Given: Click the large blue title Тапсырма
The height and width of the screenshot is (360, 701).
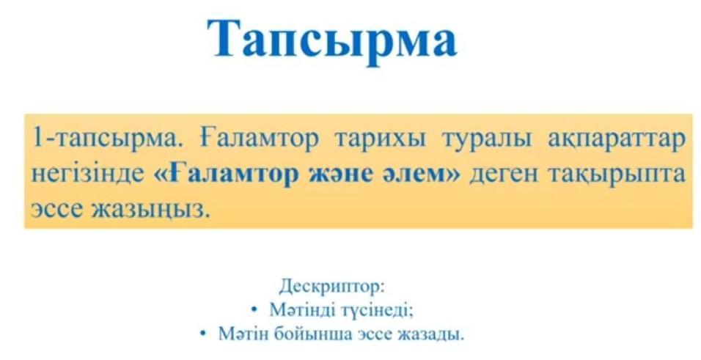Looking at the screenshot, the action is (x=332, y=40).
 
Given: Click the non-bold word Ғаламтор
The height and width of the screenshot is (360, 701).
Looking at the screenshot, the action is (x=259, y=139).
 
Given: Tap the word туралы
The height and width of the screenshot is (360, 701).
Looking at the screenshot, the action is (x=487, y=139).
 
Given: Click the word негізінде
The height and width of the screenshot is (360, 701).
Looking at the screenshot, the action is (x=88, y=174).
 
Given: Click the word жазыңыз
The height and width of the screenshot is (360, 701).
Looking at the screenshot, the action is (x=150, y=209).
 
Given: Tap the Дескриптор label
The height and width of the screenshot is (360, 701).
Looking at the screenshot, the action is (x=331, y=286).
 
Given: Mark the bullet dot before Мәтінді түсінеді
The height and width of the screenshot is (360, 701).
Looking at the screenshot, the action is (x=254, y=309).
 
